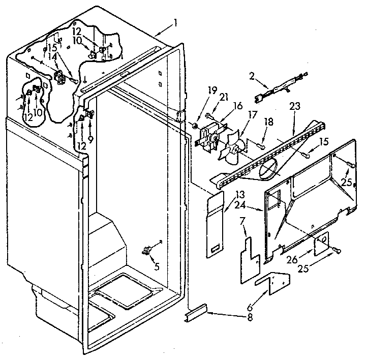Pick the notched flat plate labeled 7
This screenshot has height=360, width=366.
(x=249, y=254)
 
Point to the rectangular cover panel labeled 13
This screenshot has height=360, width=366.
(x=216, y=224)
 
